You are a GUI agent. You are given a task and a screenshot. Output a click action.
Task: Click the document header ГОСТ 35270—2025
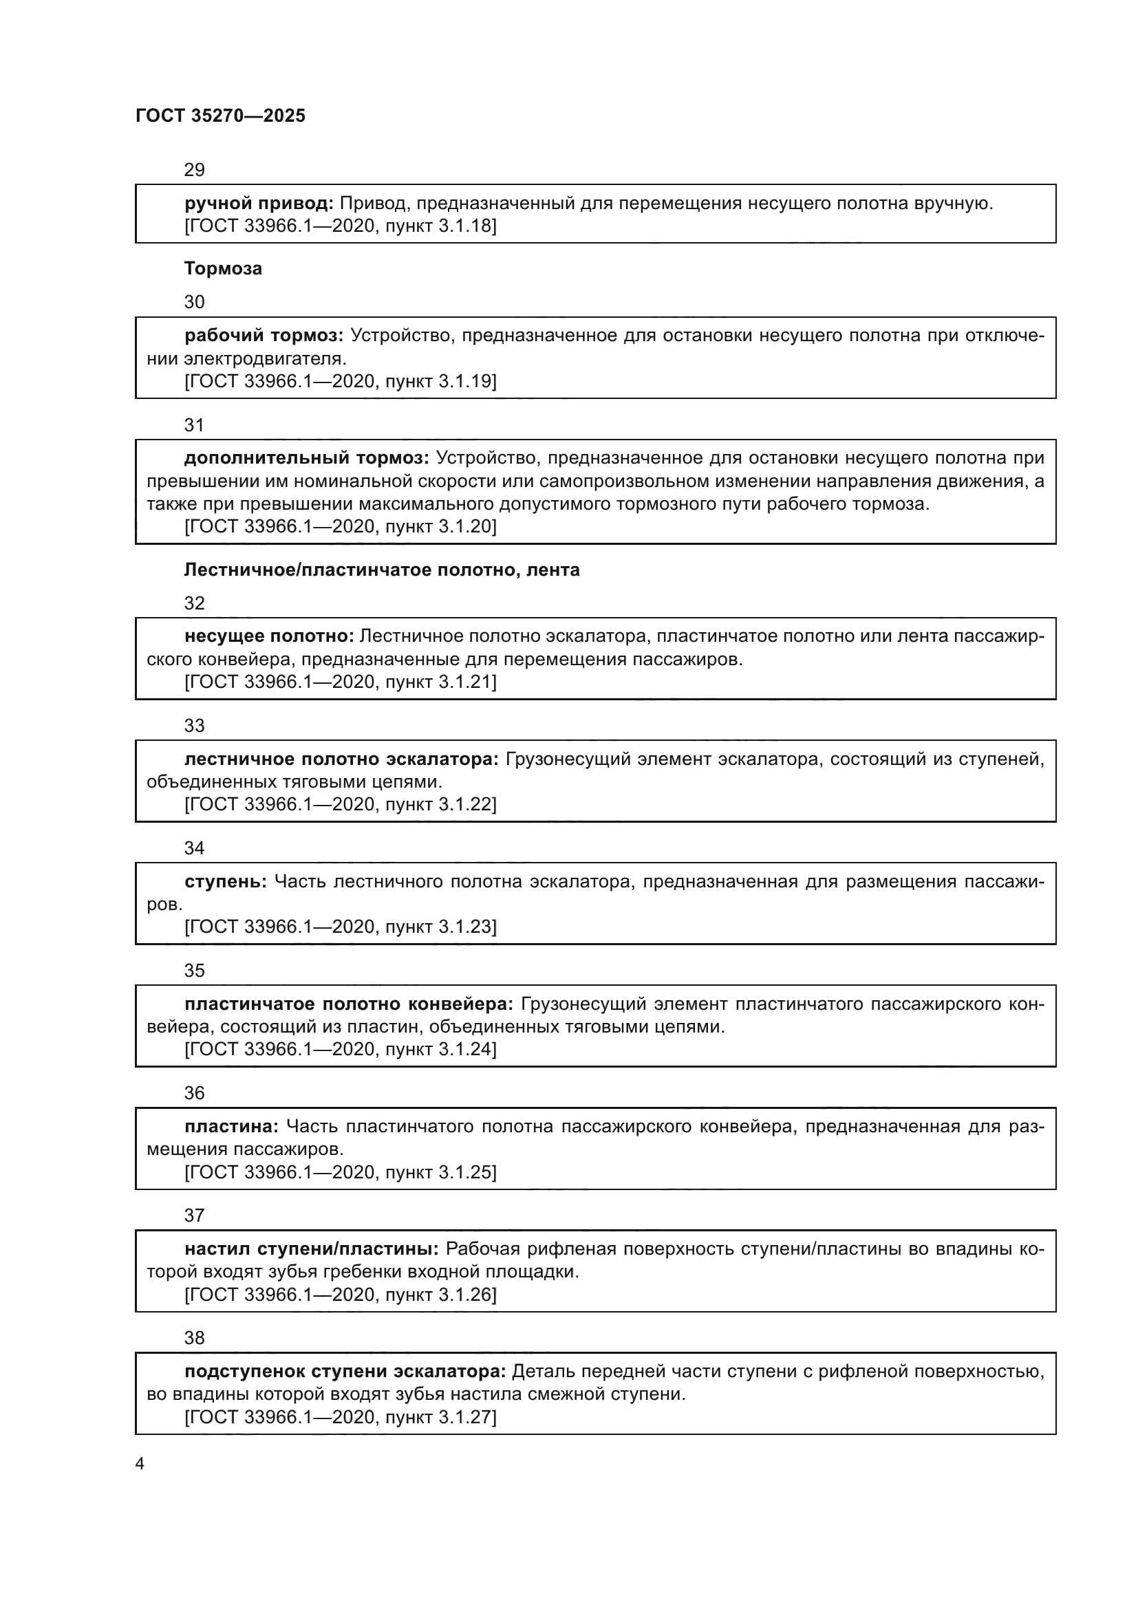tap(220, 116)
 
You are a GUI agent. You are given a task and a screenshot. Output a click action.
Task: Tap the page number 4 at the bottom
tap(140, 1463)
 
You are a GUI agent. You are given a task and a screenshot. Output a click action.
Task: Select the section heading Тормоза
tap(223, 268)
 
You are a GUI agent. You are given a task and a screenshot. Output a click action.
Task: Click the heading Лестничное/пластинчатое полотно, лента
tap(382, 570)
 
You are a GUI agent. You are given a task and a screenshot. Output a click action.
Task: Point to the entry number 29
tap(194, 170)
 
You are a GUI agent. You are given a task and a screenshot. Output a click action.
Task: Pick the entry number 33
tap(194, 725)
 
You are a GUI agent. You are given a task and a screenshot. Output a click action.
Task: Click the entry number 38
tap(194, 1338)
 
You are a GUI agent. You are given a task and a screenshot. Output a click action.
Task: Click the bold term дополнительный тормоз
tap(306, 458)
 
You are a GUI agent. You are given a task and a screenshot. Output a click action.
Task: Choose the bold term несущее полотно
tap(269, 636)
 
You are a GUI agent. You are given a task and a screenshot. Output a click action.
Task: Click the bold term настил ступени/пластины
tap(311, 1249)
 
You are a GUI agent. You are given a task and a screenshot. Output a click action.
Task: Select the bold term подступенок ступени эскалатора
tap(345, 1372)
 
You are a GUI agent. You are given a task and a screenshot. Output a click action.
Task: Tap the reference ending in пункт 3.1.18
tap(341, 226)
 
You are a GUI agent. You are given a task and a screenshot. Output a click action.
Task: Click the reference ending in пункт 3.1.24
tap(341, 1049)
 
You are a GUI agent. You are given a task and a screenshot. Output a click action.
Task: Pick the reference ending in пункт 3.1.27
tap(341, 1417)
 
